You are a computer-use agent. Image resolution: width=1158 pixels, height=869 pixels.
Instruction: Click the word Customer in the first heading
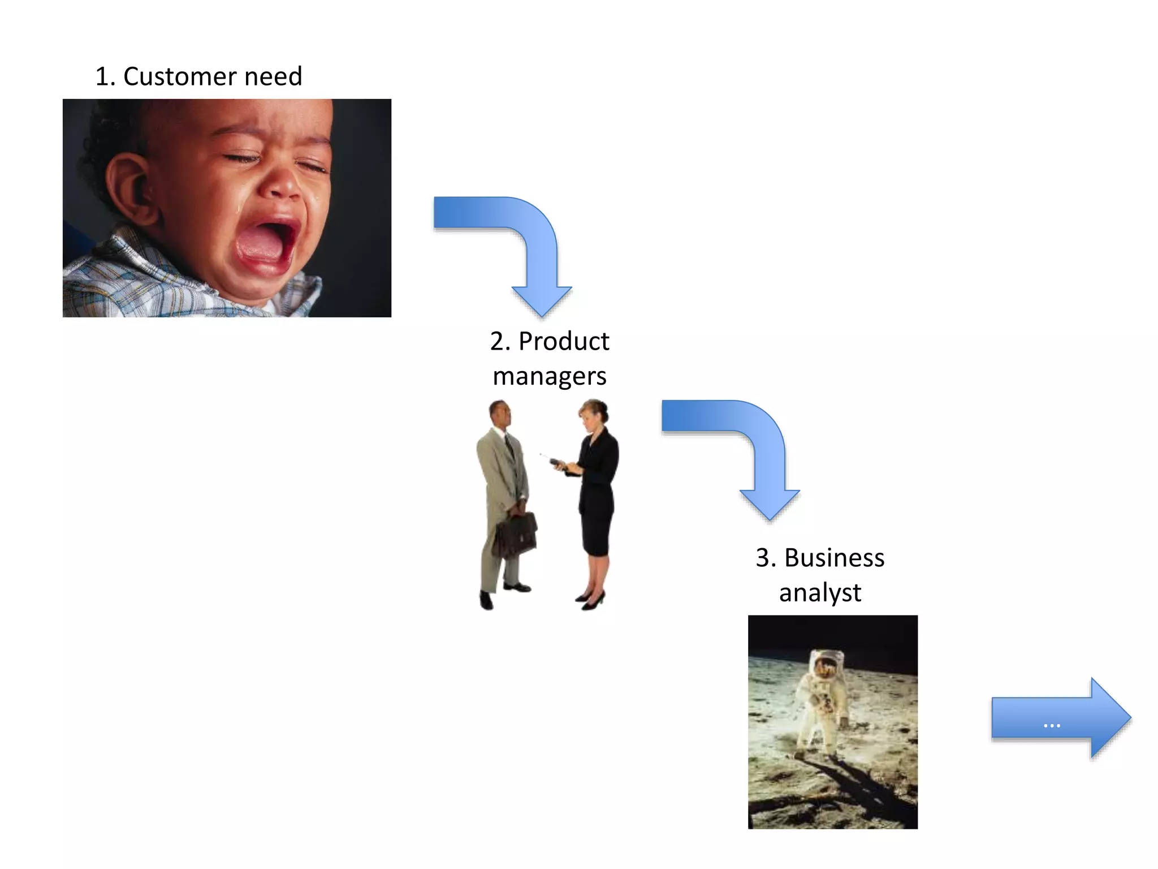coord(180,76)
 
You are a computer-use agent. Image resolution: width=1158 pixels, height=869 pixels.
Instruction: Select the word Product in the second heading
coord(564,341)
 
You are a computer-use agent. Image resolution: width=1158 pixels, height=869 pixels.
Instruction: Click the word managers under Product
coord(550,376)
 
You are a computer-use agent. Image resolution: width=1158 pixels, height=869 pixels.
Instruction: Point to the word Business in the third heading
coord(834,558)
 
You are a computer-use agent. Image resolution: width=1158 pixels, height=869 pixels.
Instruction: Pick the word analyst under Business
coord(820,593)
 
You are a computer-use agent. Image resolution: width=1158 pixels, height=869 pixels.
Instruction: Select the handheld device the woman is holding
coord(557,464)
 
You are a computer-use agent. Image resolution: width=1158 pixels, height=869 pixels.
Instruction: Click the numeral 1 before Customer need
coord(102,76)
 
